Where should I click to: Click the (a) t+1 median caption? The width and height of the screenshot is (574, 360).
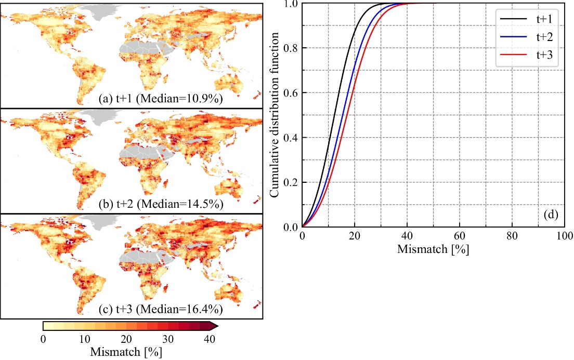tap(161, 99)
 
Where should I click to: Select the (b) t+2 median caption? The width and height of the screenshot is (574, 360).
tap(161, 204)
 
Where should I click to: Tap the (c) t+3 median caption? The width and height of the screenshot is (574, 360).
tap(161, 310)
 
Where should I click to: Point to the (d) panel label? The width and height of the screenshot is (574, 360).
tap(551, 214)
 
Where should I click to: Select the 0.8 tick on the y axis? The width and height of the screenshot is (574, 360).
tap(291, 48)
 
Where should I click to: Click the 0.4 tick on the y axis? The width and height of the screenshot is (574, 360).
tap(291, 137)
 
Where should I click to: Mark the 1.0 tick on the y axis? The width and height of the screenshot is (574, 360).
tap(291, 4)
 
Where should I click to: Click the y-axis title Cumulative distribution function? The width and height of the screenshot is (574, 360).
tap(276, 115)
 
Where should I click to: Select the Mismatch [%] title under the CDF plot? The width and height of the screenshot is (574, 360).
tap(433, 248)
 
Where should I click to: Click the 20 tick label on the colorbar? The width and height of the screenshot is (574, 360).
tap(126, 340)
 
